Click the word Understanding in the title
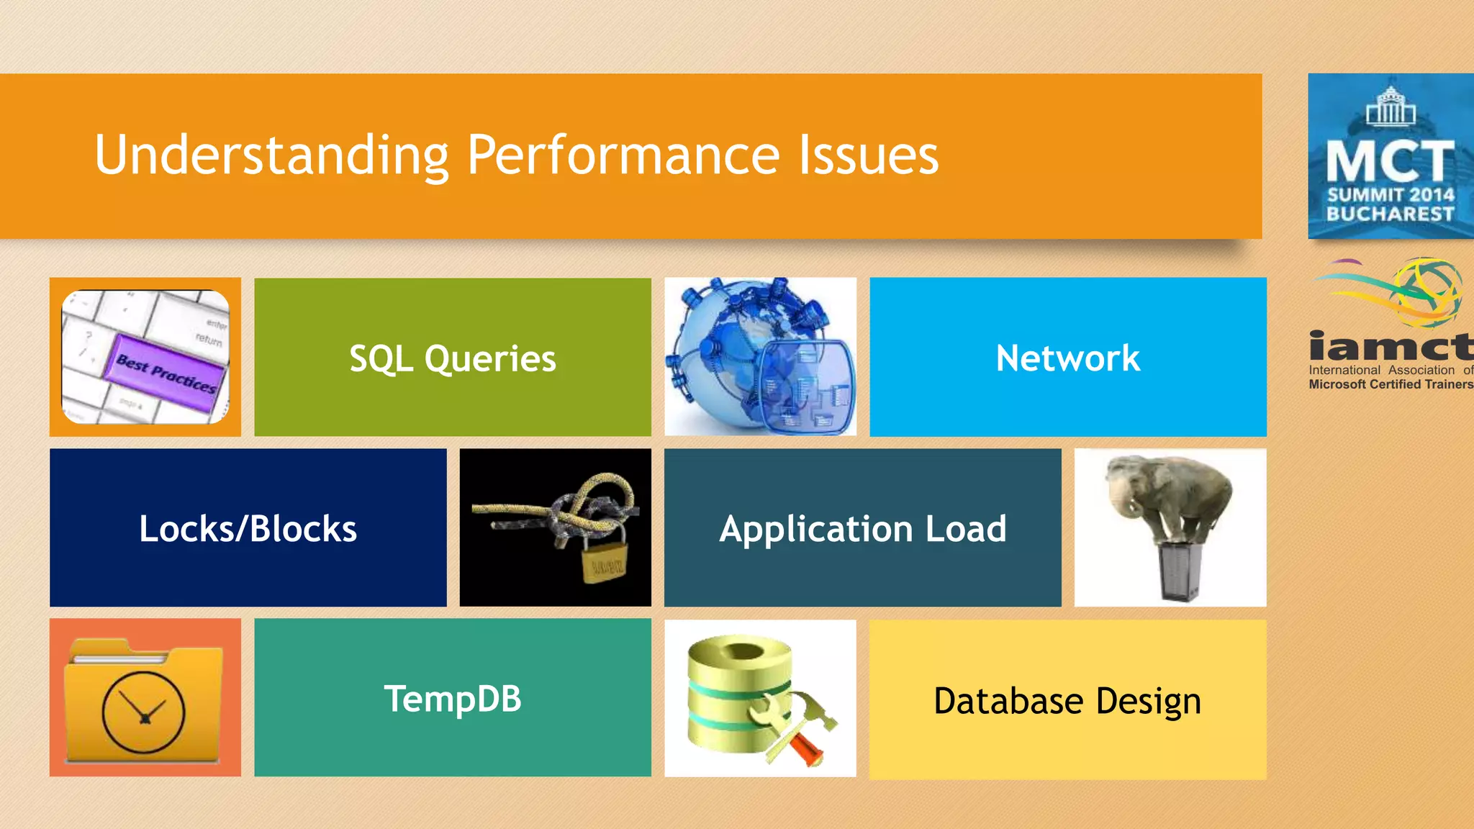[x=272, y=155]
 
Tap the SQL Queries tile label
[x=453, y=358]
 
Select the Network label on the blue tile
[x=1068, y=358]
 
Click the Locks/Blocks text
[x=248, y=529]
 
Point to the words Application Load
[x=862, y=529]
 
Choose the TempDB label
[x=453, y=699]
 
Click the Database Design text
[x=1067, y=701]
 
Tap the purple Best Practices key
[x=167, y=373]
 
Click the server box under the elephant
[x=1178, y=572]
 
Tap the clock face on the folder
[x=144, y=712]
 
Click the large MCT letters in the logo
[x=1390, y=161]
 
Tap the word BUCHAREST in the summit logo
[x=1390, y=214]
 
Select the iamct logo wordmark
[x=1390, y=347]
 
